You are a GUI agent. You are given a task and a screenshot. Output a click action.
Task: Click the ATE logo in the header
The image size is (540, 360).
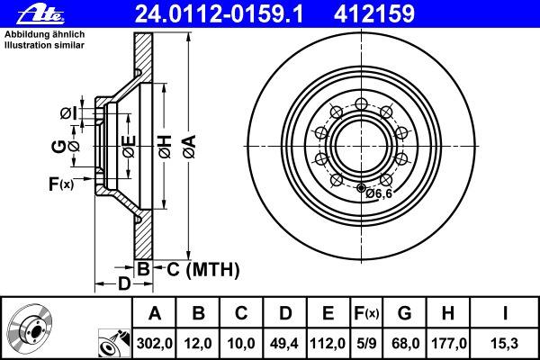[40, 14]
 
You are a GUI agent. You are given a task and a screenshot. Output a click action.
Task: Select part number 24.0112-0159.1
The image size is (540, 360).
[219, 14]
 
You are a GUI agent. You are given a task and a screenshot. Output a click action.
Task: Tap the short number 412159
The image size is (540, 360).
[374, 14]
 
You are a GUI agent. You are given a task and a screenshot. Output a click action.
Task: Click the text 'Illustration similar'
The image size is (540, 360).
[44, 45]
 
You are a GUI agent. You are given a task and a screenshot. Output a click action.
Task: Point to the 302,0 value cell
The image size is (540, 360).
[154, 344]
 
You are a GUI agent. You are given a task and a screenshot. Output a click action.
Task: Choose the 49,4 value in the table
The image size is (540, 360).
[284, 344]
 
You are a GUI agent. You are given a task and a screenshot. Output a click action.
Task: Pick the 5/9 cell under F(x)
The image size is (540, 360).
[366, 344]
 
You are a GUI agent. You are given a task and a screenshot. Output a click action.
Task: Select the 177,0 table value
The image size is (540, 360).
[449, 344]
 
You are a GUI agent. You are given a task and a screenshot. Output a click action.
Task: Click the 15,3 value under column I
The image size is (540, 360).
[505, 344]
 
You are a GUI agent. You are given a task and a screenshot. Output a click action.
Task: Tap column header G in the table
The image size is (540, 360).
[405, 313]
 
